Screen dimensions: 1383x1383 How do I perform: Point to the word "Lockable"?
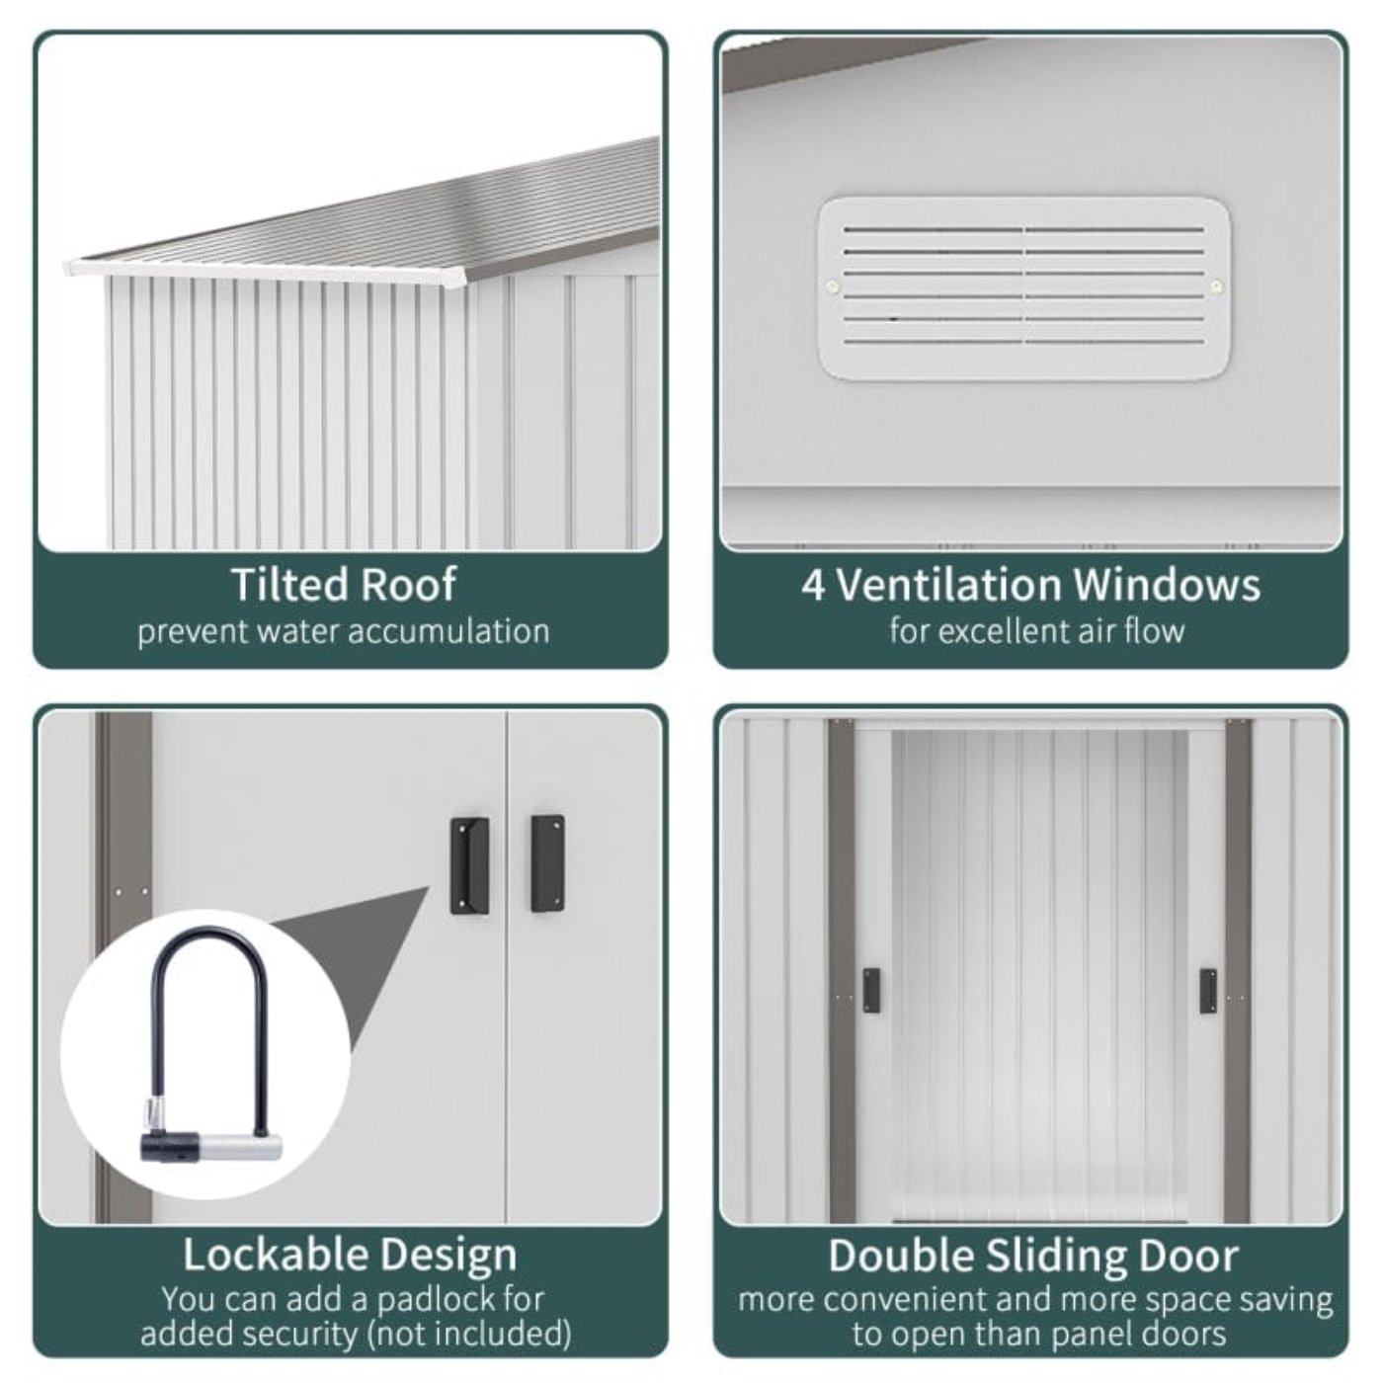coord(276,1255)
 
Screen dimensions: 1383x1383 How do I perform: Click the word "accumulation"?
coord(449,631)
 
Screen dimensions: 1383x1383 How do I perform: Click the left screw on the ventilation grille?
coord(833,287)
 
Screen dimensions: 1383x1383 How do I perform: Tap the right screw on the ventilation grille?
coord(1216,287)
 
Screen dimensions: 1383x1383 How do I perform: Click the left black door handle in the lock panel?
coord(470,865)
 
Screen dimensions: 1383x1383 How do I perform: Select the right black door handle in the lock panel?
coord(547,863)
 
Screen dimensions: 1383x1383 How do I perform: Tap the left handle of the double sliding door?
coord(871,991)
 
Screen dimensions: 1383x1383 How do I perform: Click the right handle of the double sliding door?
coord(1208,991)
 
